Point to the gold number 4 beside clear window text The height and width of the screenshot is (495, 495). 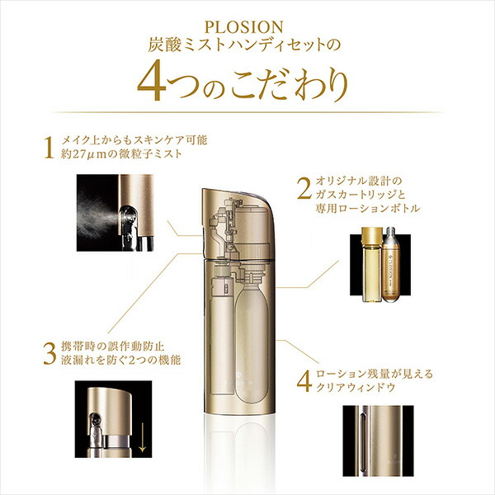(302, 379)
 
